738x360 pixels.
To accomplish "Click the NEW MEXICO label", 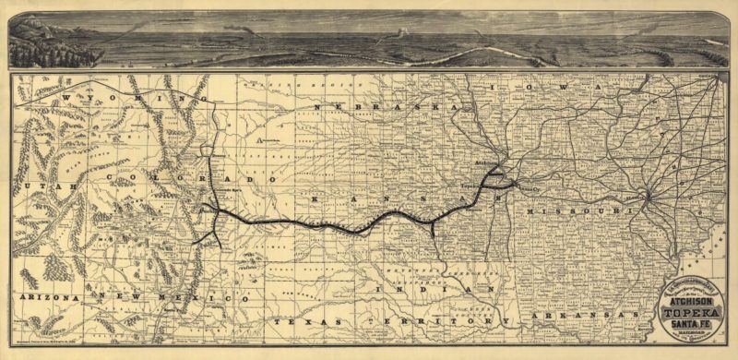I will [x=174, y=298].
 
